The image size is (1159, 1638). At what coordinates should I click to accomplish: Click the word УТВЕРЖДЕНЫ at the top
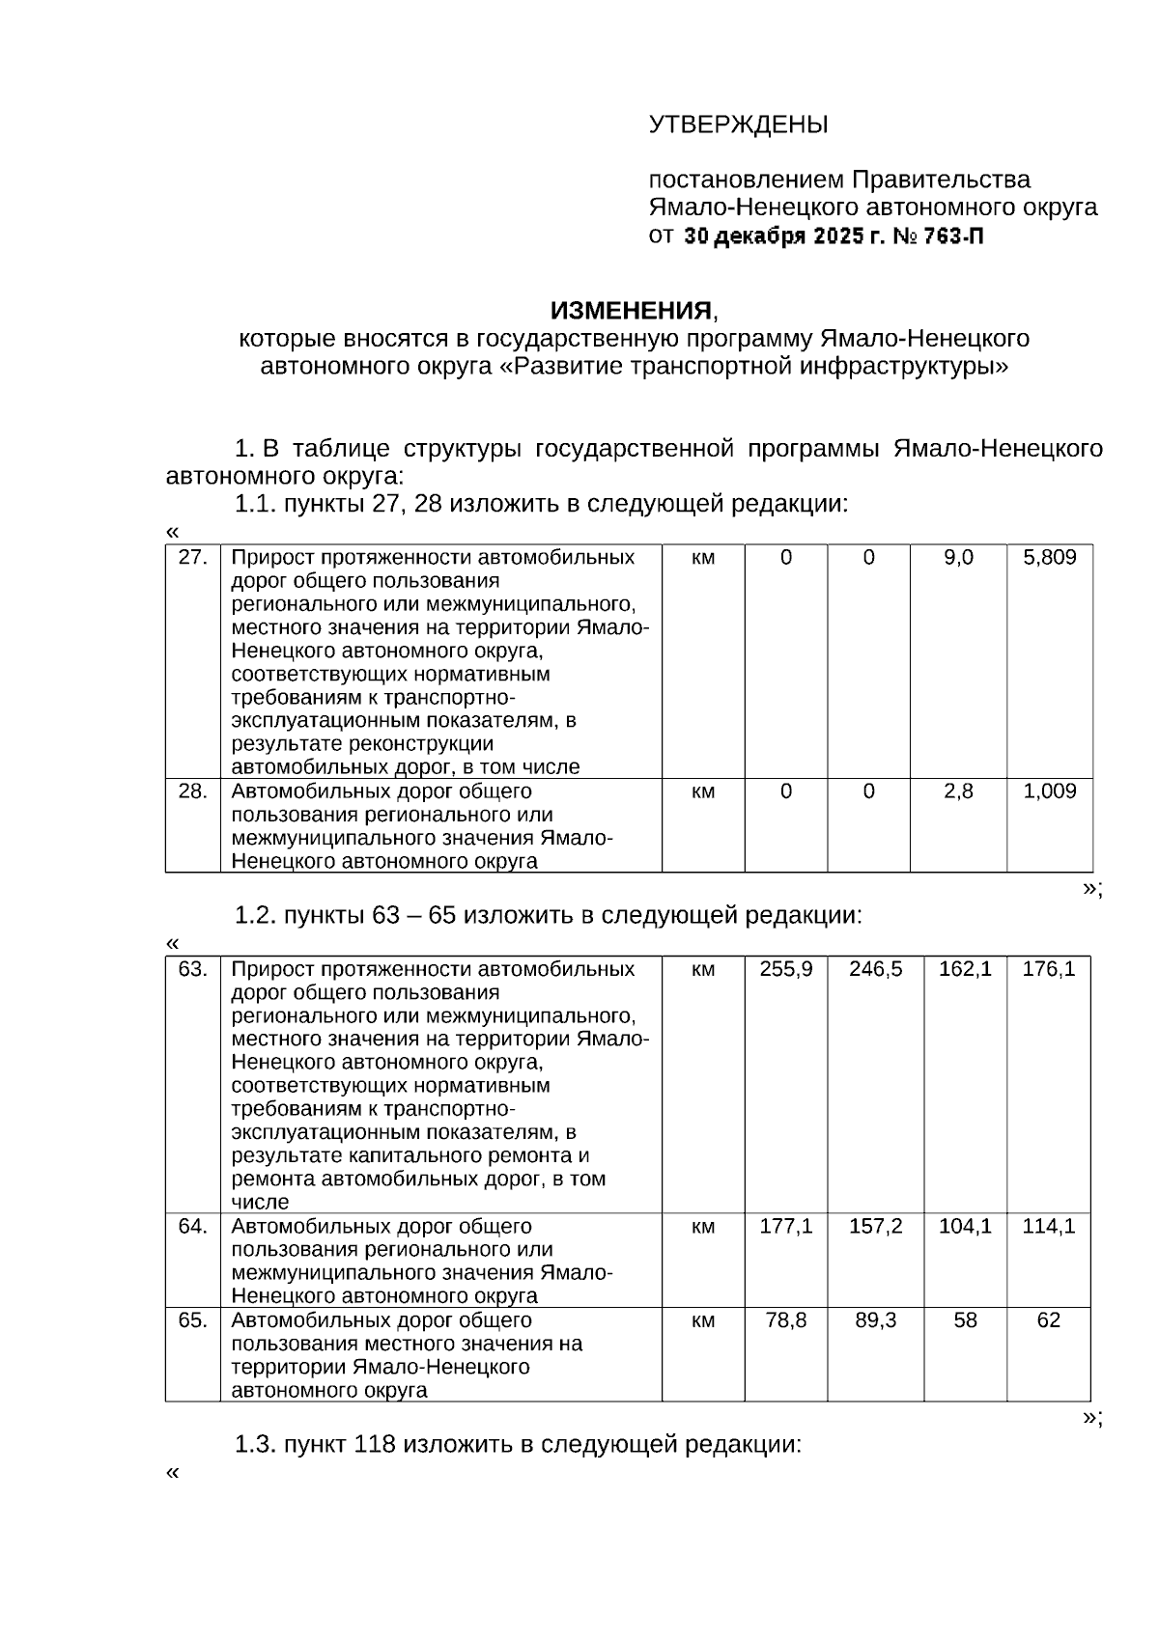coord(738,125)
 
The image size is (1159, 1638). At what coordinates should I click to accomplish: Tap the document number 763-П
coord(953,236)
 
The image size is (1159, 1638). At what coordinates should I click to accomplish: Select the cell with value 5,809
coord(1049,557)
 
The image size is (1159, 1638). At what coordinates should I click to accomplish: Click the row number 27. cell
coord(193,557)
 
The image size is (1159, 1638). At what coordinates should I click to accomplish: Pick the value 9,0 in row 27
coord(958,557)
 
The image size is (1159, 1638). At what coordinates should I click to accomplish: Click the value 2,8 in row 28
coord(958,791)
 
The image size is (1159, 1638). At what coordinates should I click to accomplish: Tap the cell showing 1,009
coord(1049,791)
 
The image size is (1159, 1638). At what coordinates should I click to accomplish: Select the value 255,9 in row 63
coord(786,968)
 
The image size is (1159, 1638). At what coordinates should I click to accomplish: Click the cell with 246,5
coord(875,968)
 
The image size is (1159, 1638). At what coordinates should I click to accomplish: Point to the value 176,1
coord(1049,968)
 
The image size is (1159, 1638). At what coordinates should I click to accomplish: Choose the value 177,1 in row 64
coord(786,1226)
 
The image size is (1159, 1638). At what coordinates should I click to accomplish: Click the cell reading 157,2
coord(875,1226)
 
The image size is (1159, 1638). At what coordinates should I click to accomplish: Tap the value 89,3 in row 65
coord(875,1319)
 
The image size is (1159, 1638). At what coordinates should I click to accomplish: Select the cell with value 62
coord(1049,1319)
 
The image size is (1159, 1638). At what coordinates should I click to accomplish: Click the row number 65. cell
coord(193,1319)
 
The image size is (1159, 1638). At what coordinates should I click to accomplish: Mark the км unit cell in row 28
coord(703,791)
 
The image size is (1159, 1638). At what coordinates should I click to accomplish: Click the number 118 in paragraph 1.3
coord(376,1445)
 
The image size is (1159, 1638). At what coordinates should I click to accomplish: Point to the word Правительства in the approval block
coord(941,180)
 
